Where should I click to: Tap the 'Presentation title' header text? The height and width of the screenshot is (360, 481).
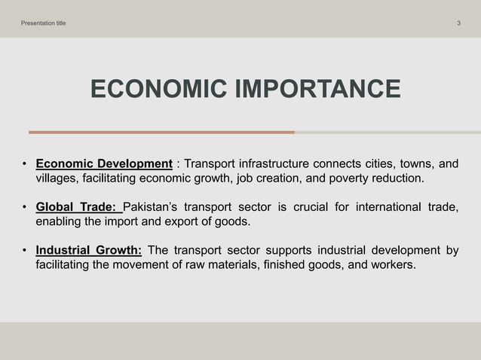point(43,23)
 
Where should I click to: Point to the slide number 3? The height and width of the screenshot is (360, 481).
point(458,23)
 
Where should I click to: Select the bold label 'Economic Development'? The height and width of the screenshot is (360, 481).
point(104,164)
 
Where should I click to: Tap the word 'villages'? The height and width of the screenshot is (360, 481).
point(57,179)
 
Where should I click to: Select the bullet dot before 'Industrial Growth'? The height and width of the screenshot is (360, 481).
point(24,251)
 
